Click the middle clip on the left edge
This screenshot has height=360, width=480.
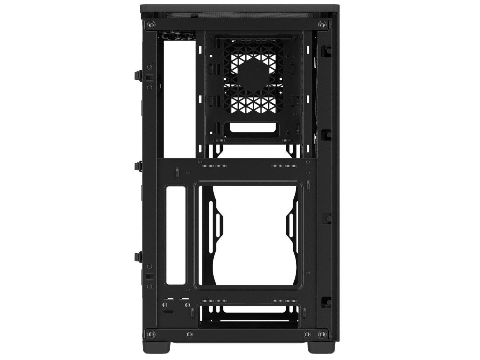click(136, 165)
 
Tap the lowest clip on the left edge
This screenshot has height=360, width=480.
click(136, 256)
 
